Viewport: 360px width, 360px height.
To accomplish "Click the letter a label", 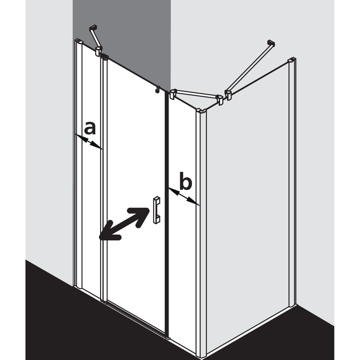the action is [x=90, y=129].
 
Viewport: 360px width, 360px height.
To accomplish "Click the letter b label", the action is [x=185, y=181].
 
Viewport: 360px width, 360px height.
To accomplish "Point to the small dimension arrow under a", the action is [x=89, y=141].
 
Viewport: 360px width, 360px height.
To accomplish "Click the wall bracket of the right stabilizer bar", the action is [x=271, y=43].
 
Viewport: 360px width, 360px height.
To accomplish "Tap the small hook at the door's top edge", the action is [x=158, y=90].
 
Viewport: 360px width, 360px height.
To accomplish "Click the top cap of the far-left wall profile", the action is [x=79, y=41].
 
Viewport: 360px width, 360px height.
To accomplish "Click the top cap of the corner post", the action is [x=201, y=111].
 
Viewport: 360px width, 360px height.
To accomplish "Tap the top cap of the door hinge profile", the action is [x=104, y=56].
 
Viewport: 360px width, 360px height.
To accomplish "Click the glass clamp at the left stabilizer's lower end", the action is [x=99, y=51].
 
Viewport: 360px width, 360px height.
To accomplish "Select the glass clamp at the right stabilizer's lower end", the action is [x=229, y=95].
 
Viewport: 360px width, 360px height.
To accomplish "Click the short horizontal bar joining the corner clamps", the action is [x=196, y=95].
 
